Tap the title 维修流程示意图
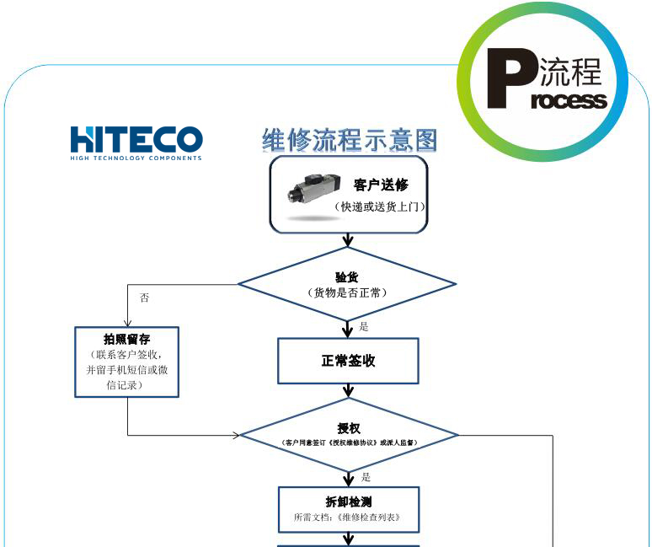tap(350, 140)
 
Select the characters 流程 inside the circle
tap(570, 73)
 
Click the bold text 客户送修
tap(381, 185)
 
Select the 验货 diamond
tap(347, 284)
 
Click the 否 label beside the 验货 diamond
tap(144, 298)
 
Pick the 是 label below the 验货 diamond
tap(364, 326)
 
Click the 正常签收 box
tap(348, 361)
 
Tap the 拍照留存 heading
tap(126, 339)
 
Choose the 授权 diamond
tap(349, 435)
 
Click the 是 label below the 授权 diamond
tap(366, 477)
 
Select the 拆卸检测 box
tap(348, 509)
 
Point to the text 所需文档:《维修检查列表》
tap(347, 518)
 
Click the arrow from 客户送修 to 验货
tap(348, 240)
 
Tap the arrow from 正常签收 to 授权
tap(348, 390)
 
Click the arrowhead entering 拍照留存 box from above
tap(127, 322)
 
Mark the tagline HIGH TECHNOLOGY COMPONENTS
tap(136, 158)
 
